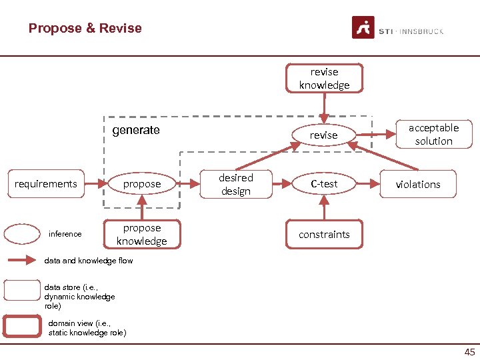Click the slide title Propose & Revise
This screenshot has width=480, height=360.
click(85, 28)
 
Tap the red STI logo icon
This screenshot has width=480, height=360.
click(363, 28)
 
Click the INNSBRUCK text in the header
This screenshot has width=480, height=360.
click(421, 31)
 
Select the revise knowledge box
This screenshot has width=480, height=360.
click(324, 79)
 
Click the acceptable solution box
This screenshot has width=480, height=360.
click(433, 134)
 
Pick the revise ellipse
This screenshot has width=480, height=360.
click(324, 135)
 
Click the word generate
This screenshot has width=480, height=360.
click(135, 130)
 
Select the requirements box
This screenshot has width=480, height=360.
click(46, 184)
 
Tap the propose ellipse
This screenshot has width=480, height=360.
click(141, 184)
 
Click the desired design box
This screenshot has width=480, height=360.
click(236, 184)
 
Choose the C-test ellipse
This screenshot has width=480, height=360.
click(324, 184)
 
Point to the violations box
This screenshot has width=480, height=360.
click(418, 184)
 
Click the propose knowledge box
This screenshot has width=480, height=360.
click(141, 235)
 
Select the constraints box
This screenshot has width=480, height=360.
click(324, 235)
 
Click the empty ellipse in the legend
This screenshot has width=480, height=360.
click(22, 234)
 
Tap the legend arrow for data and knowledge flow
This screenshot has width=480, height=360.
click(22, 261)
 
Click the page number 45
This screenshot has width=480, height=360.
click(469, 352)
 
